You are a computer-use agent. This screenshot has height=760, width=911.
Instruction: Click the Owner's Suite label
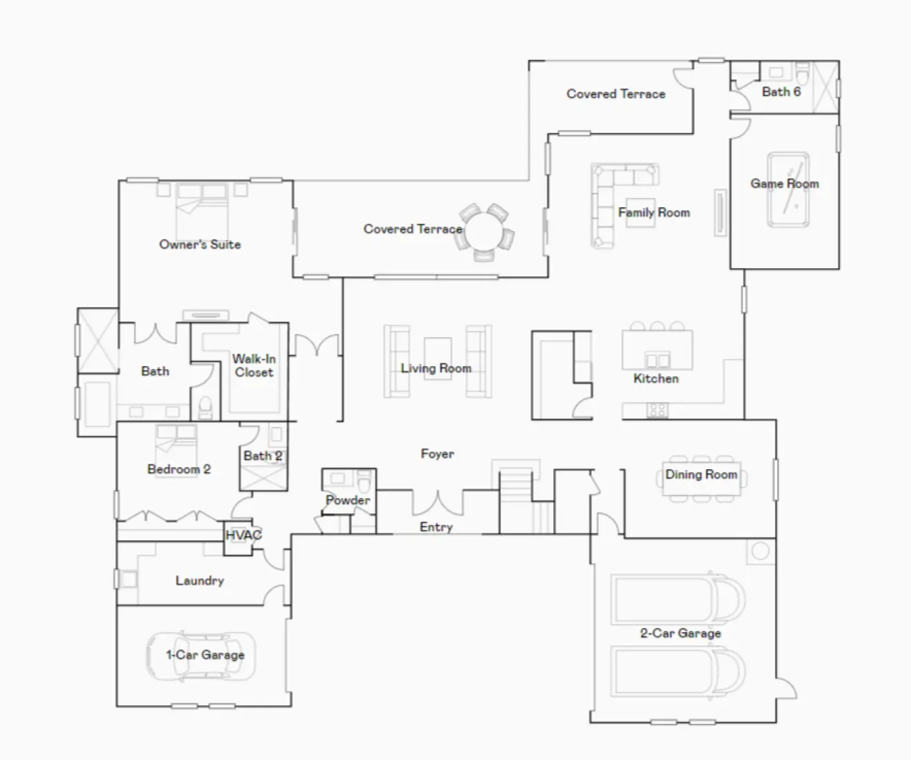200,244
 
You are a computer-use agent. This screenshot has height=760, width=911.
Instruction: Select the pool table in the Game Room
788,189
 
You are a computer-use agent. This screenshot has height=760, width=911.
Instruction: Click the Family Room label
653,212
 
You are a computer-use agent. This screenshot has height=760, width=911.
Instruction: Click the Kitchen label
655,378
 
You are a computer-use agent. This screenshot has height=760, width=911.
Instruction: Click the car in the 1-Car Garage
200,655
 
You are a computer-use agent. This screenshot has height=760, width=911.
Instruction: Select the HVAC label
243,535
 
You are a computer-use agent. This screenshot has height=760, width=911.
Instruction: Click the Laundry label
200,580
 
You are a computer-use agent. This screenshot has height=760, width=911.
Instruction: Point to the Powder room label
347,500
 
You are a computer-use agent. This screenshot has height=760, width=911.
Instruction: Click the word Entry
436,527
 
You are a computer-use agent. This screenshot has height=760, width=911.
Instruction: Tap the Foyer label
437,454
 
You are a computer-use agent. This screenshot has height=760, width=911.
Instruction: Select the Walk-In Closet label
253,365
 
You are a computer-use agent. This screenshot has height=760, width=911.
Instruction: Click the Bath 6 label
781,91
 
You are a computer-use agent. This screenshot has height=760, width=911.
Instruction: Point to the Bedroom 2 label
179,469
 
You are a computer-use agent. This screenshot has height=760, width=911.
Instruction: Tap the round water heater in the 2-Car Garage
760,551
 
